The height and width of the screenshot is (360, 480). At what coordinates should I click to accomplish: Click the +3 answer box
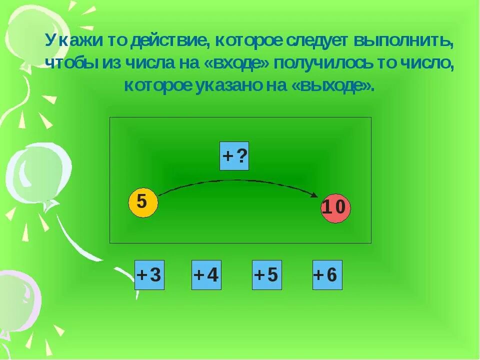tap(149, 275)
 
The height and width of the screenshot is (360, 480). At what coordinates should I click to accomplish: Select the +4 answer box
tap(206, 275)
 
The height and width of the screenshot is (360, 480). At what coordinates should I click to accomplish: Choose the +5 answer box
tap(267, 275)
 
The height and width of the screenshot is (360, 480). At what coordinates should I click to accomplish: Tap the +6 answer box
tap(327, 275)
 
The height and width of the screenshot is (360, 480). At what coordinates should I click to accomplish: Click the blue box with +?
tap(234, 156)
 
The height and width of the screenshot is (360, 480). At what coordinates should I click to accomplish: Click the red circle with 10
tap(335, 208)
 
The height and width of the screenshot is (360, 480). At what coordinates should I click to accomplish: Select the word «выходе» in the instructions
tap(331, 85)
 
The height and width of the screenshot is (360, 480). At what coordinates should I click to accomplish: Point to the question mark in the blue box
tap(241, 156)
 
